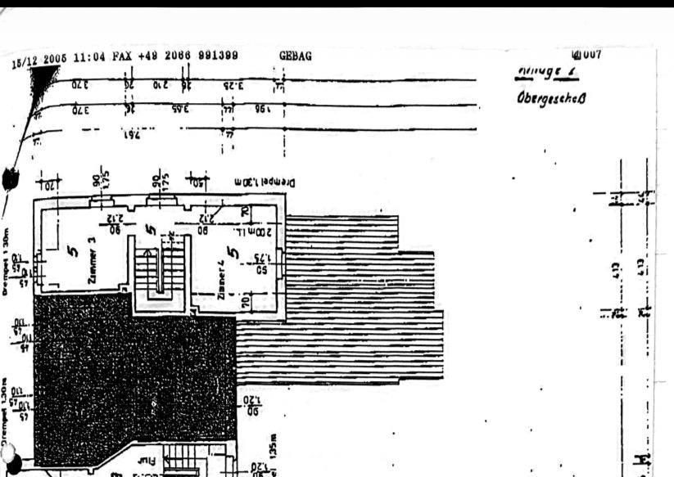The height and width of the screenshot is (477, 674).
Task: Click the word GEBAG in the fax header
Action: tap(296, 56)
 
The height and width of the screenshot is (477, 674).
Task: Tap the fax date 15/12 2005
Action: tap(40, 60)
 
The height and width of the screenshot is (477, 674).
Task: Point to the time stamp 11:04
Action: tap(89, 58)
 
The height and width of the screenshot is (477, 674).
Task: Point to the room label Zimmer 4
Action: tap(222, 278)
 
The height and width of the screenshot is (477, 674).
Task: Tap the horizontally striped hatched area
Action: tap(344, 303)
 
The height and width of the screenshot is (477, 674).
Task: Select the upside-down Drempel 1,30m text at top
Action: tap(258, 182)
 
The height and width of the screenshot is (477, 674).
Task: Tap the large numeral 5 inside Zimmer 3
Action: tap(72, 252)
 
